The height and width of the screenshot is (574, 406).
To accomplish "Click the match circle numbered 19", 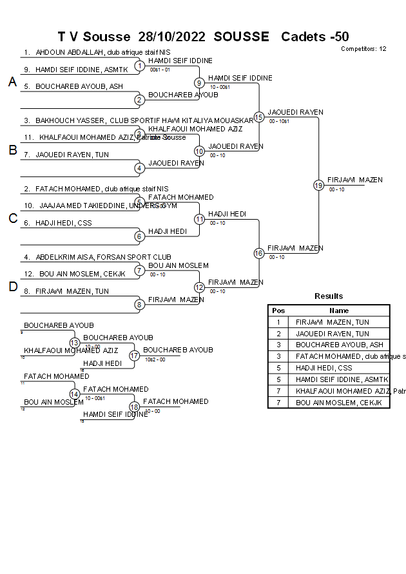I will click(318, 186).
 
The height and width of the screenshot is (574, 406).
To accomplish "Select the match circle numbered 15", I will click(259, 117).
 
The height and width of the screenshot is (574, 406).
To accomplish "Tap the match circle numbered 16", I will click(259, 253).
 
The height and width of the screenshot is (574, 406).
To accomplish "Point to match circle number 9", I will click(200, 82).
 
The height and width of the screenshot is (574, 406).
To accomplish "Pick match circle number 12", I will click(200, 287).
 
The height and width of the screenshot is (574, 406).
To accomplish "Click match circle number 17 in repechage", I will click(134, 355).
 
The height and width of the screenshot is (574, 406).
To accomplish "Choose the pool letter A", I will click(12, 82).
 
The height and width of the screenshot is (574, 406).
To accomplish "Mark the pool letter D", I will click(12, 287).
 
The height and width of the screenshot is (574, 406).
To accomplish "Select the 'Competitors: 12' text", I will click(363, 49).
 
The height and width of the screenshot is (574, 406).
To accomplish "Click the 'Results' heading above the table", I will click(329, 296).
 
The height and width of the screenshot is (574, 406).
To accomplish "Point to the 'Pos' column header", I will click(278, 311).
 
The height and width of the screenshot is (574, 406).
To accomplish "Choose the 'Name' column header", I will click(339, 311).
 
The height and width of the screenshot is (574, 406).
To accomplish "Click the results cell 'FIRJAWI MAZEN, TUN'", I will click(333, 322).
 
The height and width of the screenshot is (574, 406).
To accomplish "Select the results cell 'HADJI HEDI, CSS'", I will click(324, 368).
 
